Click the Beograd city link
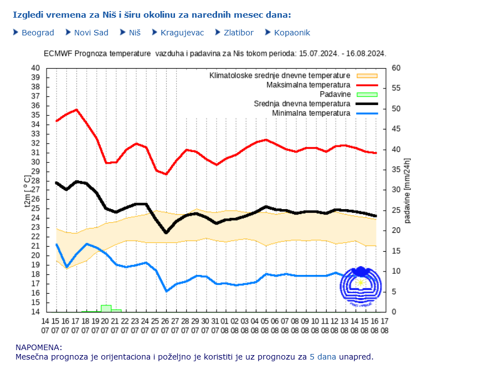pyautogui.click(x=38, y=33)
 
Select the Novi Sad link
pyautogui.click(x=91, y=33)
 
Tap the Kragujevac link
pyautogui.click(x=182, y=33)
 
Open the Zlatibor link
pyautogui.click(x=238, y=33)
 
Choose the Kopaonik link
pyautogui.click(x=291, y=33)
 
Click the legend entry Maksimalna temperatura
pyautogui.click(x=308, y=85)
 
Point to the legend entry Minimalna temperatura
pyautogui.click(x=311, y=113)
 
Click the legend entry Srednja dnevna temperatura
pyautogui.click(x=302, y=104)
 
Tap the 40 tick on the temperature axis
pyautogui.click(x=35, y=68)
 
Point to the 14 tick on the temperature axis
pyautogui.click(x=35, y=311)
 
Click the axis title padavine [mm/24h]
pyautogui.click(x=408, y=190)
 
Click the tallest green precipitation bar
pyautogui.click(x=106, y=308)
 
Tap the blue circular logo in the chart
pyautogui.click(x=361, y=287)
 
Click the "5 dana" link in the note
pyautogui.click(x=322, y=357)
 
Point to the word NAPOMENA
pyautogui.click(x=39, y=347)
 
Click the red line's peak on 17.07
pyautogui.click(x=76, y=110)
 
